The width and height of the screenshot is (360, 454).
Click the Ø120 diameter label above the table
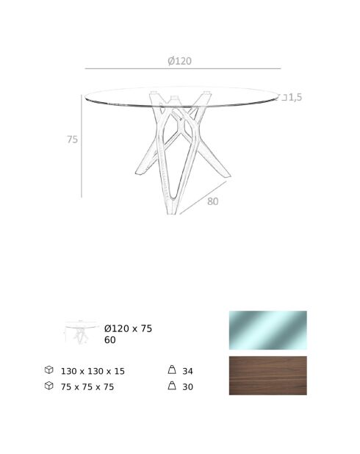pos(179,61)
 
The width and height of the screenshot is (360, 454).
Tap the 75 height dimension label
pos(73,140)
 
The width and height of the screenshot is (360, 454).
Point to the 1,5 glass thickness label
pos(295,97)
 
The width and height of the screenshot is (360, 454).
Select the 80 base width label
pos(213,201)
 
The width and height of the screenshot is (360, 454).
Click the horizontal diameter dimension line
pos(183,68)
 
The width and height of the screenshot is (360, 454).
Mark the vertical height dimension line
pos(82,146)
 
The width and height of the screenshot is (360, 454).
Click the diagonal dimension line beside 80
pos(203,198)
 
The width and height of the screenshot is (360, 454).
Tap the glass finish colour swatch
pos(268,330)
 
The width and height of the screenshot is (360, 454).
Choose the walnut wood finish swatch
pos(268,375)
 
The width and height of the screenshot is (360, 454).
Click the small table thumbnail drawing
pos(81,332)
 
